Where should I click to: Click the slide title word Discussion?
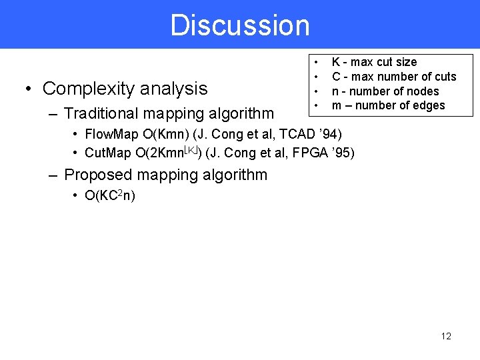pyautogui.click(x=240, y=25)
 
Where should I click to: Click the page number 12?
pyautogui.click(x=446, y=336)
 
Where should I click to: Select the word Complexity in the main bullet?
pyautogui.click(x=83, y=88)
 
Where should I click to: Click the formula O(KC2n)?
pyautogui.click(x=109, y=196)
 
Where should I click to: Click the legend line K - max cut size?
pyautogui.click(x=374, y=62)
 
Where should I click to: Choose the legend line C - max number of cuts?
pyautogui.click(x=394, y=77)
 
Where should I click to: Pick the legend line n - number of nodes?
pyautogui.click(x=385, y=91)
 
